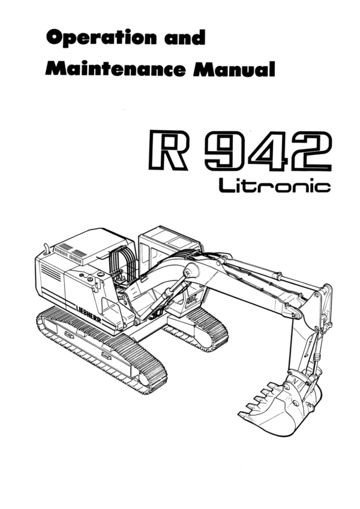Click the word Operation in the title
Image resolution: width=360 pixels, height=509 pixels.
click(x=101, y=38)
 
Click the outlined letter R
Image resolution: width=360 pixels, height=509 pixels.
click(x=167, y=150)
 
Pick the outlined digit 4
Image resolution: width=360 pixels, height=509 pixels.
click(x=268, y=150)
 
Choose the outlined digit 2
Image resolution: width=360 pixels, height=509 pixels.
click(x=311, y=150)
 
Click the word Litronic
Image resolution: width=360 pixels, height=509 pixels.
click(x=275, y=185)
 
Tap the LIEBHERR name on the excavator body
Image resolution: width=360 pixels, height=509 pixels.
click(x=88, y=314)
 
